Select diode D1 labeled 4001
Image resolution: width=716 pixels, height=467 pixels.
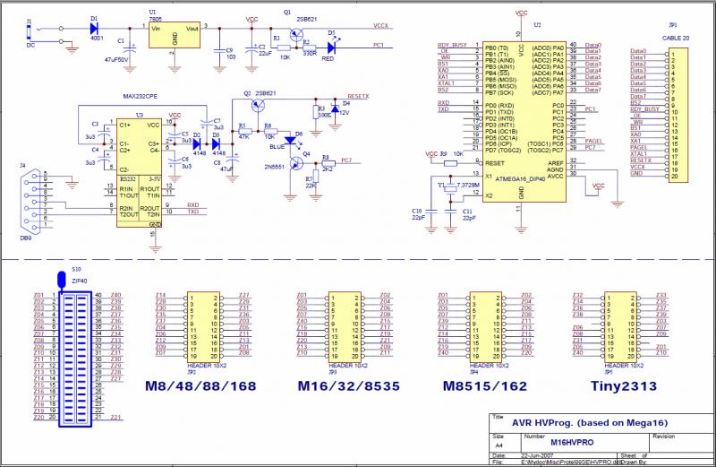click(94, 29)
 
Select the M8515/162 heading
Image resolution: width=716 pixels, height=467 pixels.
click(484, 386)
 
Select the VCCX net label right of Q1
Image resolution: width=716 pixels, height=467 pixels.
click(381, 27)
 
